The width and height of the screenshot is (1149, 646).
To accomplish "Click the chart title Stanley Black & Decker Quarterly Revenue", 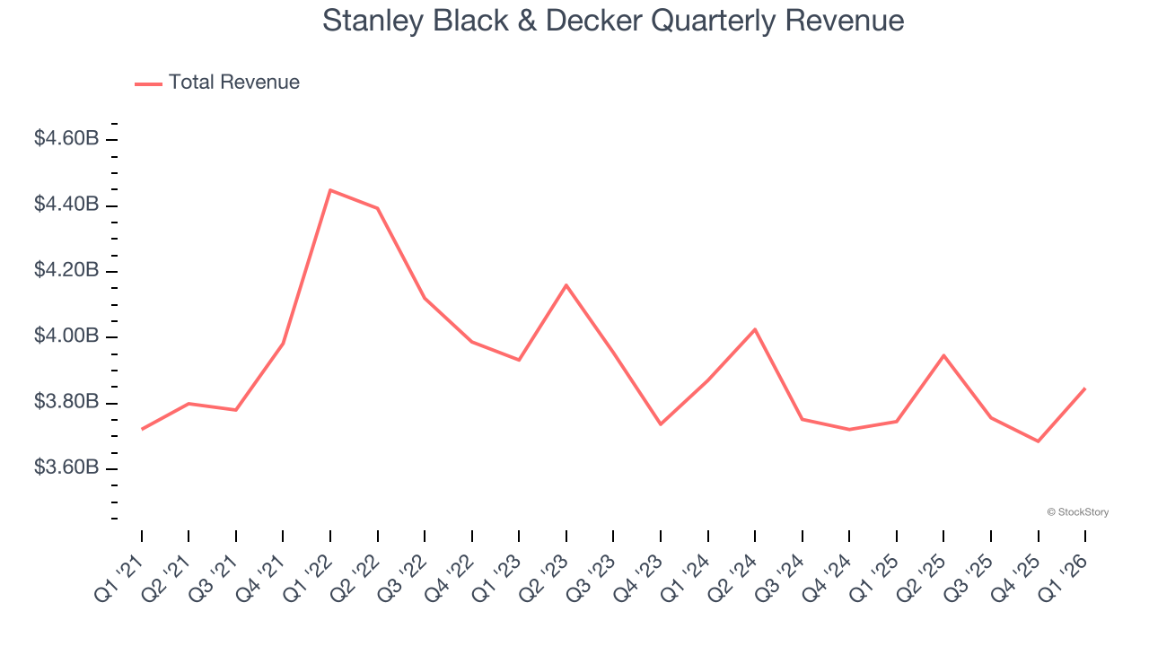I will point(613,21).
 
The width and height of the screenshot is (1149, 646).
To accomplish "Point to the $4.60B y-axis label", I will point(66,139).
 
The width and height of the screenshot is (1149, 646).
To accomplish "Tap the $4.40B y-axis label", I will point(66,205).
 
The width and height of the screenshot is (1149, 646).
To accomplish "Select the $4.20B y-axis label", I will point(66,271).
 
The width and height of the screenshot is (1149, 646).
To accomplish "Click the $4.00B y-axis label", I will point(66,336).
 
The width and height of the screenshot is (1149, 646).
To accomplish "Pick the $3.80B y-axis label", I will point(66,402).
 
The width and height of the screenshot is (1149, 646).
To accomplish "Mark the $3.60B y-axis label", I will point(66,468).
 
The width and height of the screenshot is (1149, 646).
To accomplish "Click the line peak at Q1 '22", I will point(330,190).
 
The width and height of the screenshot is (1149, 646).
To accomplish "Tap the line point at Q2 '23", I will point(566,285).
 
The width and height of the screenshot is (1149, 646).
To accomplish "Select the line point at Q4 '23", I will point(661,423).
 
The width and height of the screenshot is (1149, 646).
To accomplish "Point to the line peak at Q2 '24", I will point(755,329).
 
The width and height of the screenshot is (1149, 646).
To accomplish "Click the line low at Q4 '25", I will point(1039,441).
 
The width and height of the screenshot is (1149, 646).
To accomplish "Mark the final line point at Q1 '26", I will point(1085,388).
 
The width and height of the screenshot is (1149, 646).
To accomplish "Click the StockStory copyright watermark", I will point(1077,512).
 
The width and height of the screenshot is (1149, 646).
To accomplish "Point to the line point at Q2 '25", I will point(943,355).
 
